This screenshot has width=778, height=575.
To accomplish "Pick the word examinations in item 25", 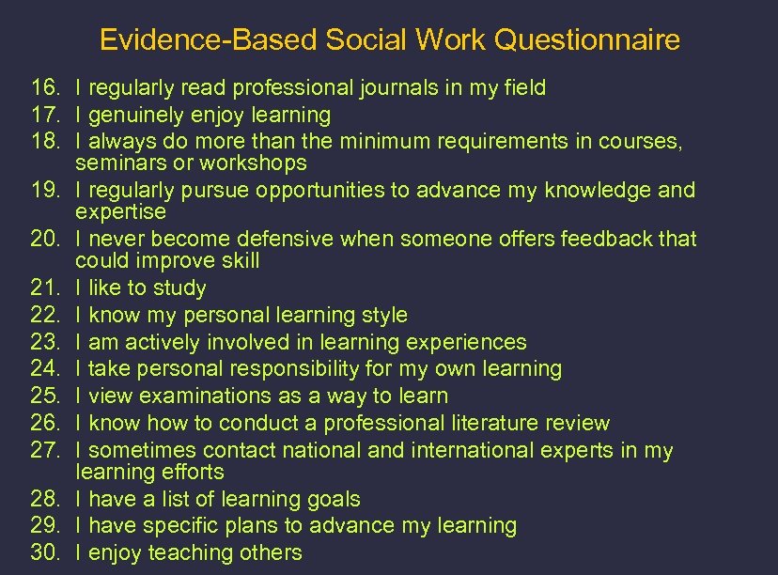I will click(191, 396).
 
